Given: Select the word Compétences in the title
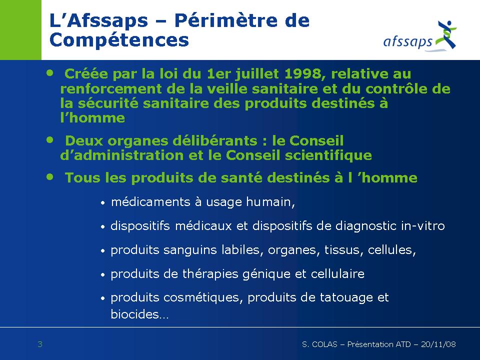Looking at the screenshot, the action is [x=119, y=40].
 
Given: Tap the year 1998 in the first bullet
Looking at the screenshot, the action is [x=303, y=74].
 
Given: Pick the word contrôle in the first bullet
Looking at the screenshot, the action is [x=396, y=89].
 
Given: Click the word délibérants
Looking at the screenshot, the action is [x=215, y=141].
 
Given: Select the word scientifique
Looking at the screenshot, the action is [x=328, y=155].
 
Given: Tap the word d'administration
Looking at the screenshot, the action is [x=122, y=155].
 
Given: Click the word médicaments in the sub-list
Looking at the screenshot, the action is [x=150, y=202].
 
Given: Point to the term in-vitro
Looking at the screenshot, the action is [x=423, y=226].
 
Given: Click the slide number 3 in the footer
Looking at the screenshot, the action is [x=40, y=344].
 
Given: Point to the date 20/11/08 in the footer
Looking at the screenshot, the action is [x=438, y=344].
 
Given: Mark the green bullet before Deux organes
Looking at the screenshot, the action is [x=50, y=140].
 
